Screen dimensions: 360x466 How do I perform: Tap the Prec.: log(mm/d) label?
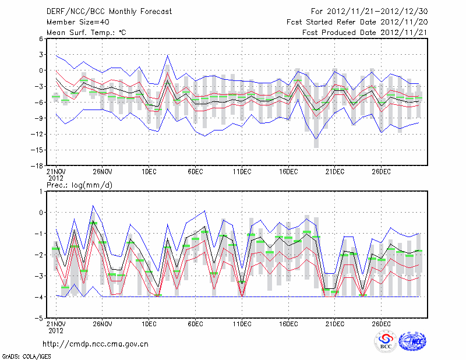[x=79, y=185]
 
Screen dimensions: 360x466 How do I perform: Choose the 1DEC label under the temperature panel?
[x=149, y=171]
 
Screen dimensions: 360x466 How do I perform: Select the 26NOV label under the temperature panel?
[x=102, y=171]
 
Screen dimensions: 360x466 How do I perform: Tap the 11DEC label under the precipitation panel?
[x=242, y=324]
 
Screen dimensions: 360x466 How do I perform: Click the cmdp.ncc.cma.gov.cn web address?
[x=96, y=344]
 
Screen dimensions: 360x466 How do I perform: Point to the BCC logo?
[x=386, y=341]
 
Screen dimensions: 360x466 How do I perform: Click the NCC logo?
[x=412, y=341]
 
